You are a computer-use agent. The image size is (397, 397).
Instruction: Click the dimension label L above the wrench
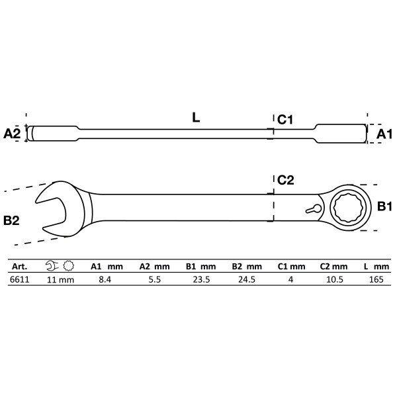pyautogui.click(x=197, y=117)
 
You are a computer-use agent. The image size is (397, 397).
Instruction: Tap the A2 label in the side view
pyautogui.click(x=13, y=133)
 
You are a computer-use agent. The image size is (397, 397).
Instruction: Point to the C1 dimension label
pyautogui.click(x=286, y=119)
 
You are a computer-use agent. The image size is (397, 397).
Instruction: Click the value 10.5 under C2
pyautogui.click(x=335, y=279)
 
